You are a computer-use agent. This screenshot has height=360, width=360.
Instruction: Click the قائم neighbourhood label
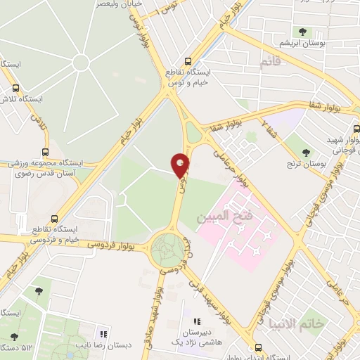pyautogui.click(x=270, y=64)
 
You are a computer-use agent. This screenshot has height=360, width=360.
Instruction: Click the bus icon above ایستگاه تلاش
pyautogui.click(x=15, y=89)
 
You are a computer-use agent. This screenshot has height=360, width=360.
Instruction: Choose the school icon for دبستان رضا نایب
pyautogui.click(x=103, y=334)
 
